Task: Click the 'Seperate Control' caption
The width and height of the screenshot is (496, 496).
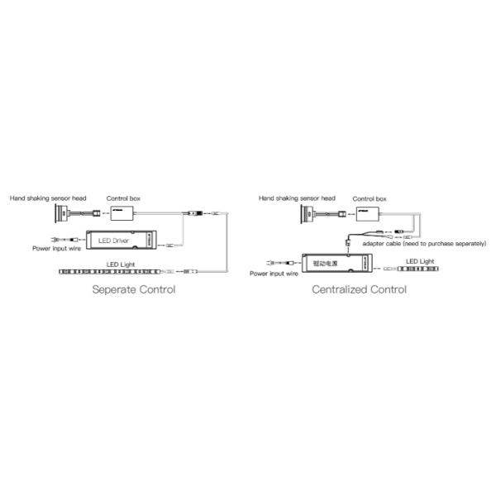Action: click(x=134, y=290)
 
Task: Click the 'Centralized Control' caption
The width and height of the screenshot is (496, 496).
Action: click(x=359, y=290)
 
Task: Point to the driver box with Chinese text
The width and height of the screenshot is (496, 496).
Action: click(x=334, y=262)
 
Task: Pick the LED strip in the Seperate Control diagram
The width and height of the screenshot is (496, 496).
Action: click(x=111, y=270)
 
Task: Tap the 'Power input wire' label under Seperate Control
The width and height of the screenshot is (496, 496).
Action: click(x=57, y=248)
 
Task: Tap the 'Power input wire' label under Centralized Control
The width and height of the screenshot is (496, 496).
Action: click(x=274, y=273)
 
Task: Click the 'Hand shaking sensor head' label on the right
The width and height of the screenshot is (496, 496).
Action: click(x=297, y=198)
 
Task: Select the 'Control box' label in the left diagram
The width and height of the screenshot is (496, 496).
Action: click(x=123, y=198)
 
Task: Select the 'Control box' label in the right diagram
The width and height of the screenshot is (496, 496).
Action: click(x=370, y=198)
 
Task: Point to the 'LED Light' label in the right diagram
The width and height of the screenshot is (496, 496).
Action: click(x=419, y=260)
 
